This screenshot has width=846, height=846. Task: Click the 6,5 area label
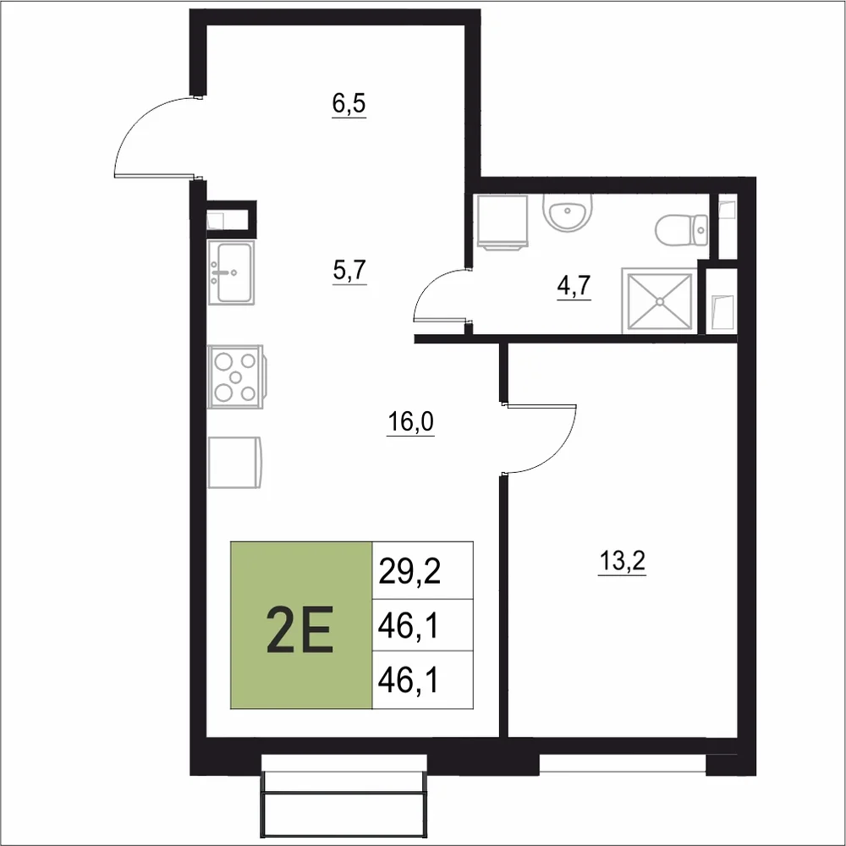[349, 104]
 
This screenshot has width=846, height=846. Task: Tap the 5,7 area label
[349, 271]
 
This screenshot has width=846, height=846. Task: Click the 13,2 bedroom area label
[622, 562]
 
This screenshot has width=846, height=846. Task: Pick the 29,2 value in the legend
[409, 571]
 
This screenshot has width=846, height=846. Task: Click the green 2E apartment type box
[301, 625]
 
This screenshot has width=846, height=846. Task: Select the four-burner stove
[236, 376]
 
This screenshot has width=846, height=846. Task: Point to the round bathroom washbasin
[568, 212]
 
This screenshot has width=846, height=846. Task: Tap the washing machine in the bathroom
[503, 222]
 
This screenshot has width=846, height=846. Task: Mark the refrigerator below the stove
[234, 463]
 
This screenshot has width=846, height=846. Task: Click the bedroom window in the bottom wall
[623, 762]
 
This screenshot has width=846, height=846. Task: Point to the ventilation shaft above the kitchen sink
[232, 219]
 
